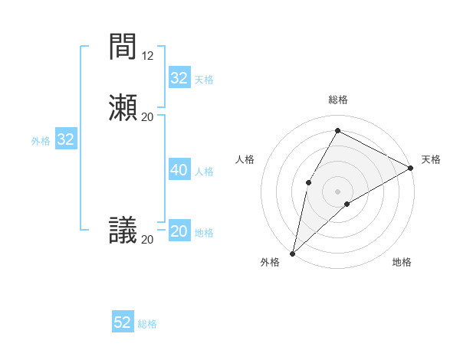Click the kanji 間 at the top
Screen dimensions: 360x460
coord(123,47)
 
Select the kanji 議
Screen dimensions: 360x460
coord(123,231)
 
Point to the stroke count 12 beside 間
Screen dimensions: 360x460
coord(148,56)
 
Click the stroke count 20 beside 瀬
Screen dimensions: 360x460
coord(148,116)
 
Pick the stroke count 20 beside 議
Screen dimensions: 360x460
coord(148,239)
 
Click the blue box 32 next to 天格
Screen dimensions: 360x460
coord(179,78)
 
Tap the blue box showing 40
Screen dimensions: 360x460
coord(179,170)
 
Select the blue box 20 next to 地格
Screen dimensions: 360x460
coord(179,231)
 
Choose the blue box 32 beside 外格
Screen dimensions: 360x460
coord(66,139)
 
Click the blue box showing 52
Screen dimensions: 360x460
coord(123,322)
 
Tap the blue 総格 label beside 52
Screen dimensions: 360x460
coord(147,324)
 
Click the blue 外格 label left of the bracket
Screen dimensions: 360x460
coord(41,141)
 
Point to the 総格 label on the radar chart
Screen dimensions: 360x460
coord(338,100)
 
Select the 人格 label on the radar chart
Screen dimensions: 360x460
coord(245,159)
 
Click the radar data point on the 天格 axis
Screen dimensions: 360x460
coord(411,168)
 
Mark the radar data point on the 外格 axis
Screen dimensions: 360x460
coord(292,253)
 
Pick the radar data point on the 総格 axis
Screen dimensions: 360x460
coord(337,131)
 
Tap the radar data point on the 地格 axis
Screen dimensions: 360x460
coord(347,204)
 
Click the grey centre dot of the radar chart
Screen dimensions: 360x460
coord(337,191)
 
